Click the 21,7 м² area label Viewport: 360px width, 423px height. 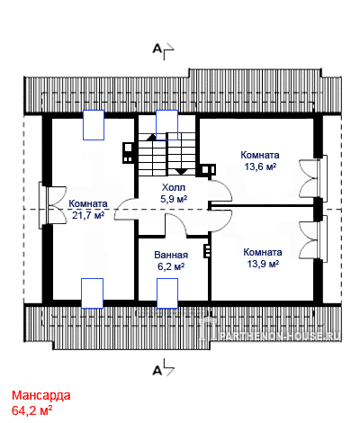88,215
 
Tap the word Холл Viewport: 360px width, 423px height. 174,188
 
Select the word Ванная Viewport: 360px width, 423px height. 171,255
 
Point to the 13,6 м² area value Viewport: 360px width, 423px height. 260,166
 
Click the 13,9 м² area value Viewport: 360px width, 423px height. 263,264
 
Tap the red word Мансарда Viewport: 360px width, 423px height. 41,395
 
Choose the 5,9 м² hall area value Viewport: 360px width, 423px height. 174,199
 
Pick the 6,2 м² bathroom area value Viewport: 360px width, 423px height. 171,266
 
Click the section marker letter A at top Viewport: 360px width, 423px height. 157,49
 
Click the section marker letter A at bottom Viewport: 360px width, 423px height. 157,371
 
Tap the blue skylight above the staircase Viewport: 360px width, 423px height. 166,125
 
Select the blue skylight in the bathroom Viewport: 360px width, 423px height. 167,293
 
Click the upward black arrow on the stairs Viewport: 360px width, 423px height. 150,138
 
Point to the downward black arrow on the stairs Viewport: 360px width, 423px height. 181,172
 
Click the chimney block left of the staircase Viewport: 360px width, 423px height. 128,152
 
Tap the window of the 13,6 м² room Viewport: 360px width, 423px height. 322,176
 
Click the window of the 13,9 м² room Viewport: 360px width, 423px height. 322,238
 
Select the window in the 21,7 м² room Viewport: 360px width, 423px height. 42,207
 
